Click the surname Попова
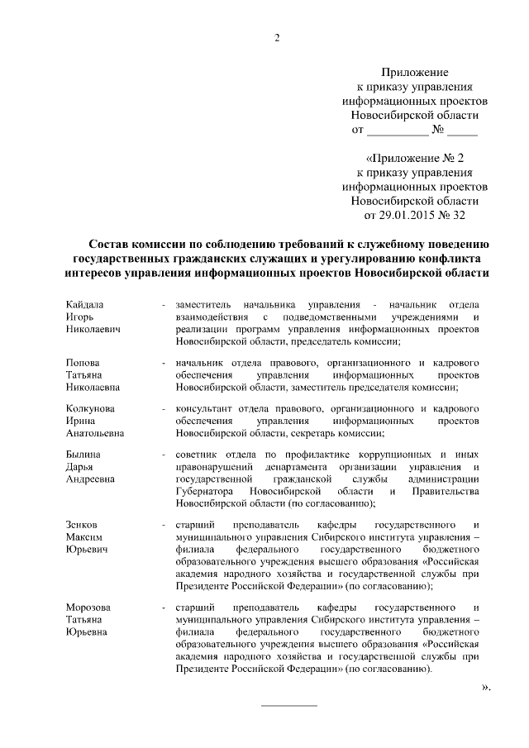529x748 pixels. click(83, 363)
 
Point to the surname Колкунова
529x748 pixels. click(90, 408)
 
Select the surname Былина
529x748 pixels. click(83, 454)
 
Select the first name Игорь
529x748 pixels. click(79, 318)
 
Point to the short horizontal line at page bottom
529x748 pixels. click(288, 705)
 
